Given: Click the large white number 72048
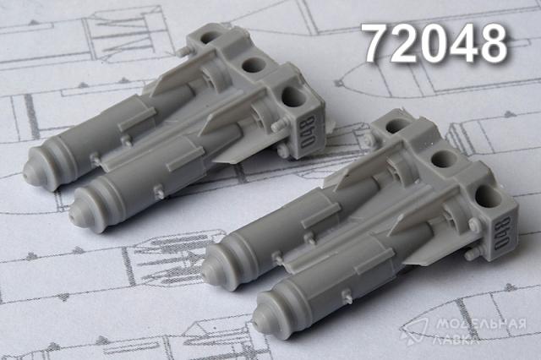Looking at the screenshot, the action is point(436,43).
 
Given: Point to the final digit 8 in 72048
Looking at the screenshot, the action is point(494,43).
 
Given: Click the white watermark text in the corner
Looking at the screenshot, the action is point(480,330).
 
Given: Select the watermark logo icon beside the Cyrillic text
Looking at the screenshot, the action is point(414,331).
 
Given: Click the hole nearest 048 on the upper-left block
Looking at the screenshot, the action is point(294,97).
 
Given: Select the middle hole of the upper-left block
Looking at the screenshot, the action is point(254,65).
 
